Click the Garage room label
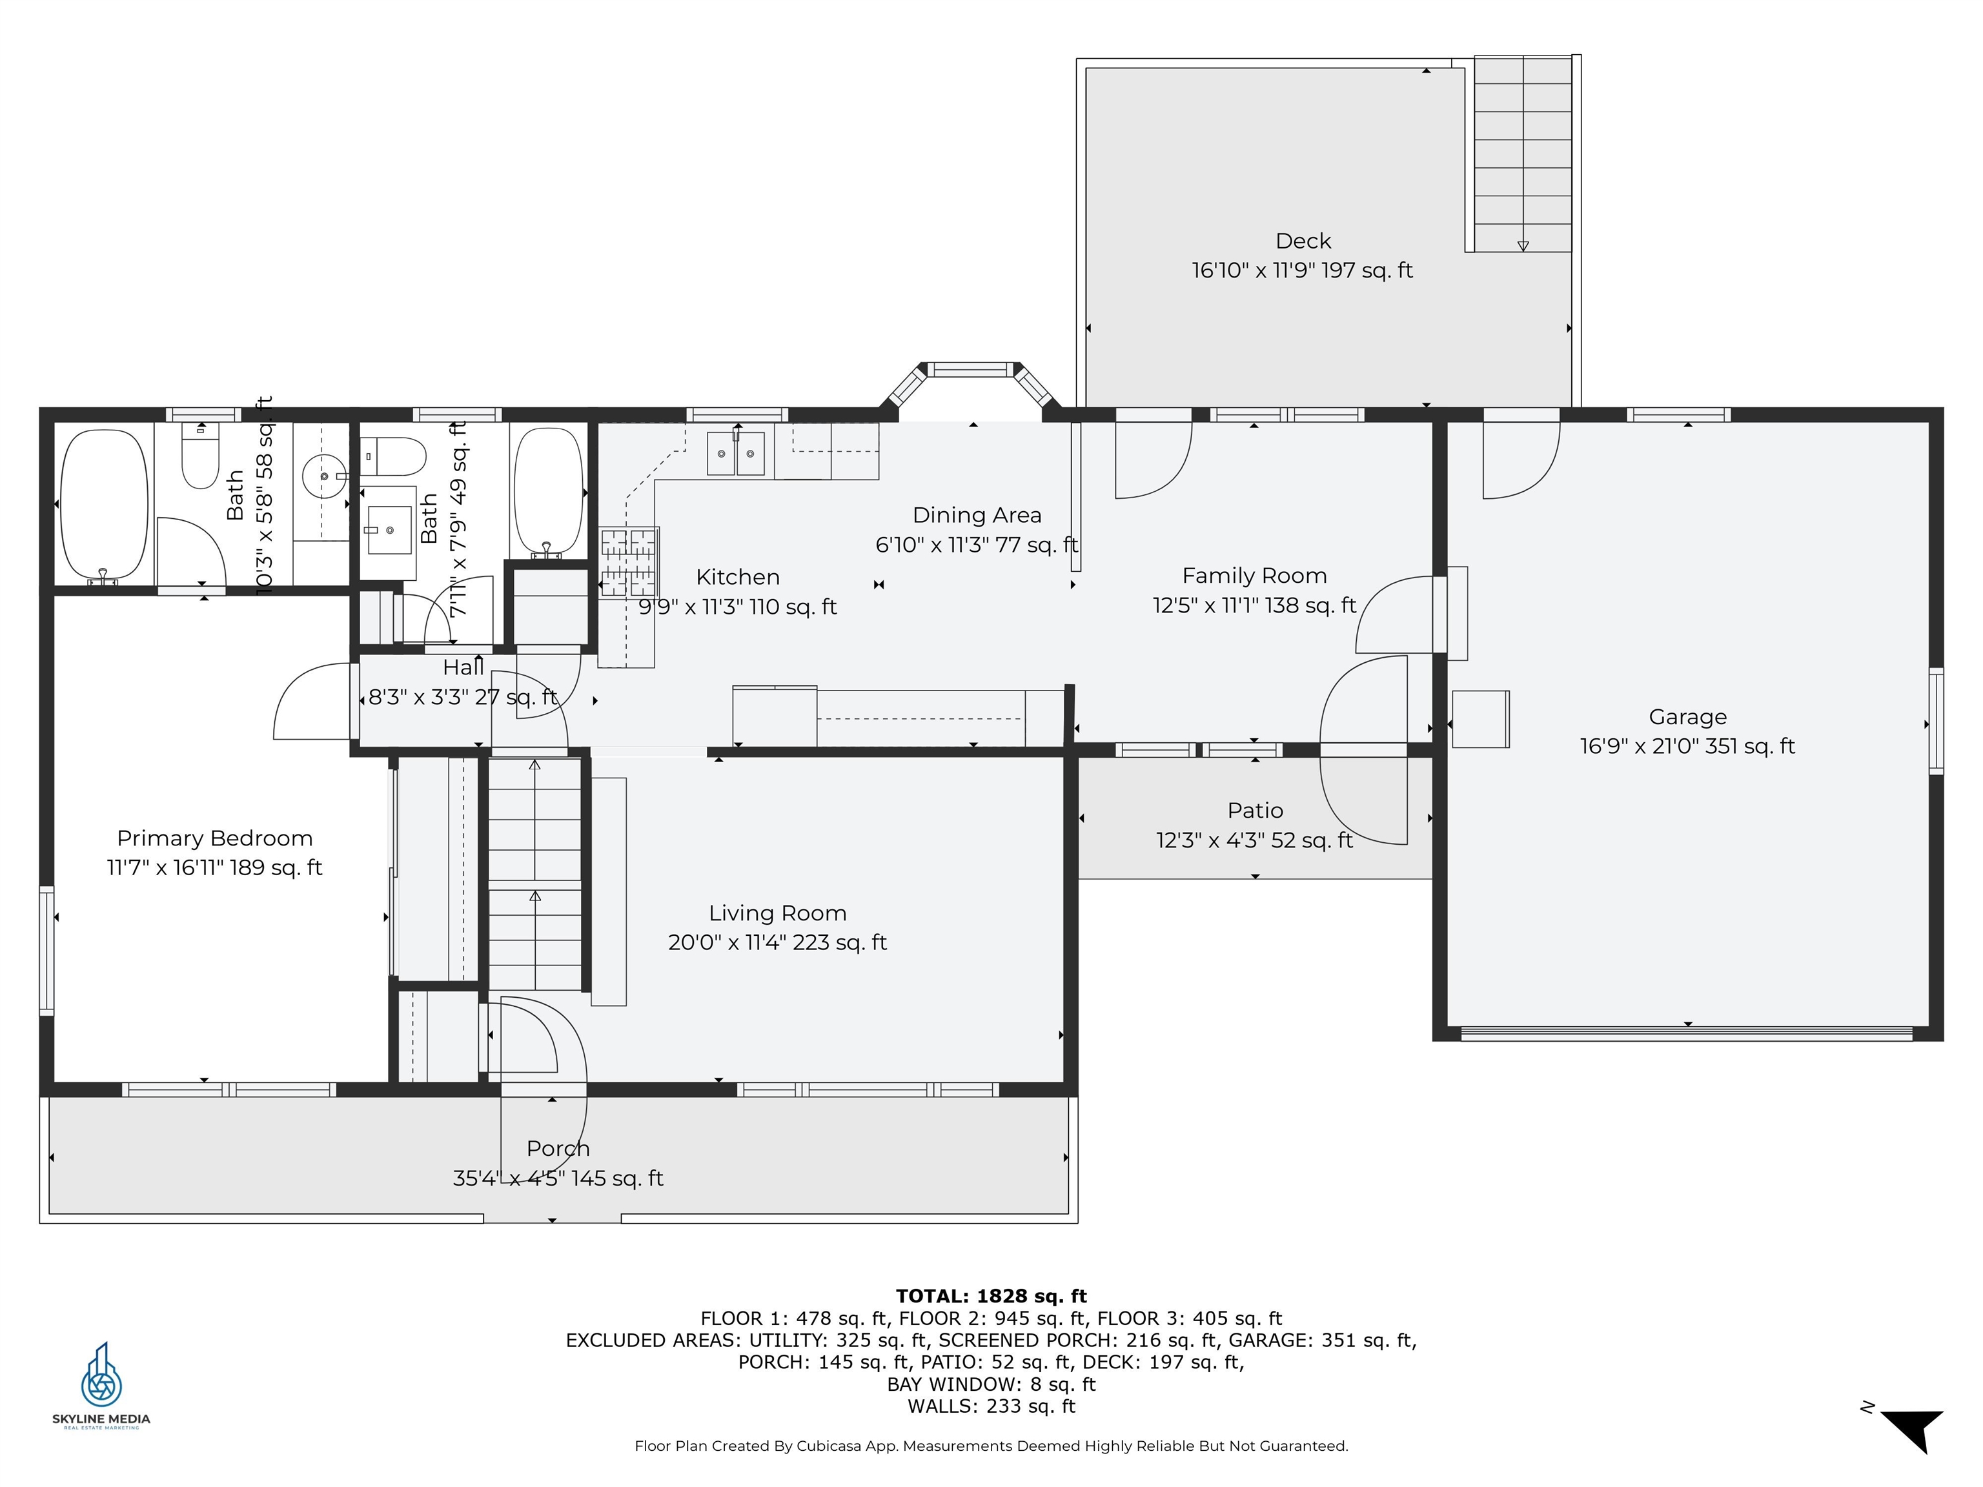click(x=1687, y=717)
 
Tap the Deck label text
click(x=1303, y=241)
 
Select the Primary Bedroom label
click(x=214, y=838)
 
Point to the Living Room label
click(x=777, y=913)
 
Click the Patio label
click(x=1255, y=810)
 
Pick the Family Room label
click(x=1254, y=576)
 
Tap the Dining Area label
click(x=976, y=516)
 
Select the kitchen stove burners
click(x=629, y=562)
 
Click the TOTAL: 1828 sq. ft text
click(x=991, y=1296)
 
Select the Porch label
click(x=558, y=1148)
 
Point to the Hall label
click(x=463, y=667)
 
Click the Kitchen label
click(x=738, y=576)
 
